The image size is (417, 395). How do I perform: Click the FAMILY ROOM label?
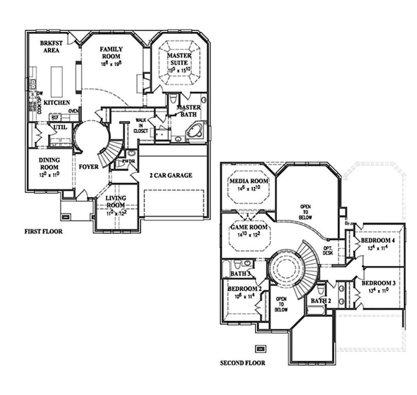[x=111, y=52]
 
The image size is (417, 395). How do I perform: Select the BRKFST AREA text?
[x=51, y=47]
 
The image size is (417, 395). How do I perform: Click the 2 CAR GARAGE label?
[x=170, y=175]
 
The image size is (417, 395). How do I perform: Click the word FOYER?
[x=89, y=167]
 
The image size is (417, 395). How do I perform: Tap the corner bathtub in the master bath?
[x=196, y=130]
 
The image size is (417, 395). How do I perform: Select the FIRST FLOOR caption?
[x=44, y=232]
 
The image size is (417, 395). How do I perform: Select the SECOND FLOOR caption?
[x=242, y=363]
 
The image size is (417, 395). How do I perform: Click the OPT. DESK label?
[x=328, y=250]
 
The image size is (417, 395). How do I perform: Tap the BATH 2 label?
[x=320, y=301]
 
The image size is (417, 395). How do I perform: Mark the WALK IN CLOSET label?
[x=142, y=126]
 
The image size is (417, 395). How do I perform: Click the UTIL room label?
[x=60, y=127]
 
